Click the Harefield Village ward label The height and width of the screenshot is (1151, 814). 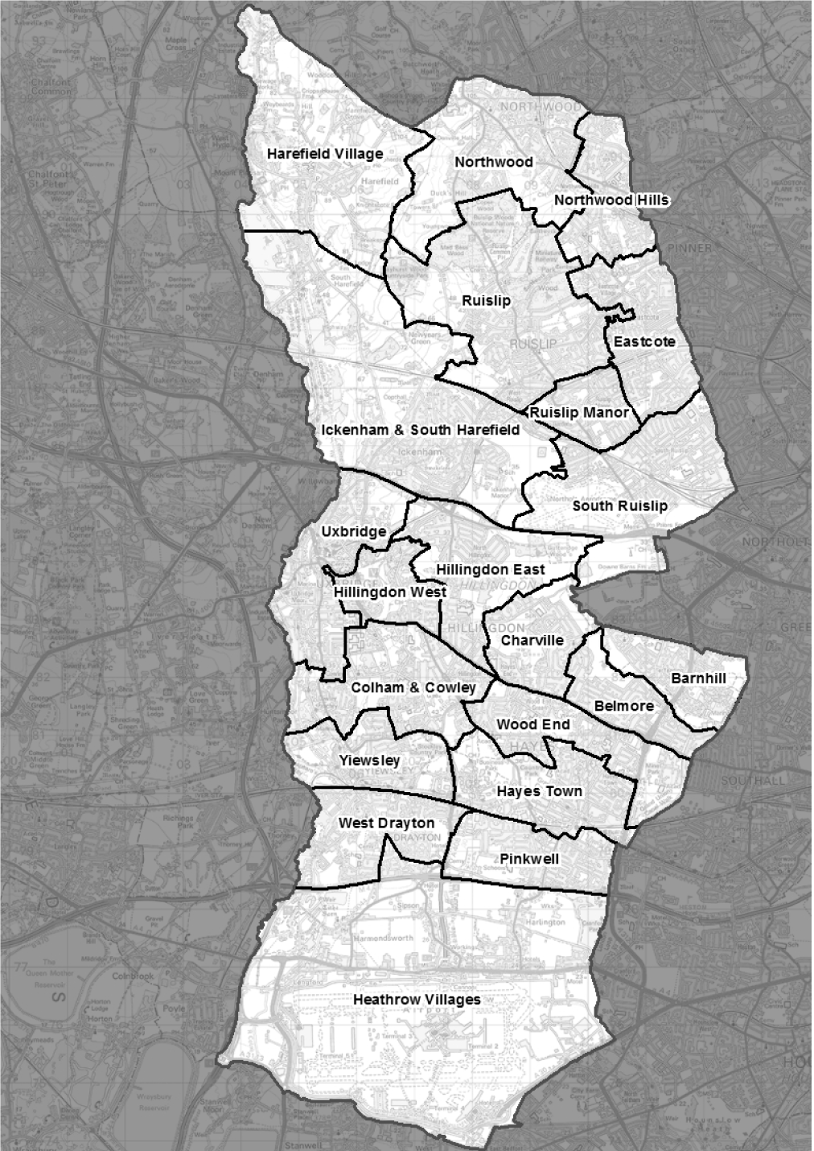[x=325, y=154]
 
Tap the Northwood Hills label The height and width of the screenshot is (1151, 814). [x=611, y=200]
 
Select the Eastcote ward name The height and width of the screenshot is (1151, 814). [x=644, y=341]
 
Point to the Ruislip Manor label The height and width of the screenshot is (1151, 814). [x=579, y=412]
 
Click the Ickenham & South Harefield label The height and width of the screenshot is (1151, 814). [x=421, y=430]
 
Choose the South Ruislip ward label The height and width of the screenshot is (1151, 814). [x=619, y=505]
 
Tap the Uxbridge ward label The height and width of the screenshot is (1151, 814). [x=354, y=531]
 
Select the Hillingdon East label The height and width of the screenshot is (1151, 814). [x=491, y=570]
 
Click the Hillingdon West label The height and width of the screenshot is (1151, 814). [x=390, y=592]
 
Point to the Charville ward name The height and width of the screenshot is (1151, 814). [x=532, y=641]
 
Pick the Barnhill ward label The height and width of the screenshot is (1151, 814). [x=698, y=679]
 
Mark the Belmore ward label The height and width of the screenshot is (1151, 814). [x=624, y=706]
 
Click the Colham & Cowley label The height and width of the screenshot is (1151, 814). [x=413, y=687]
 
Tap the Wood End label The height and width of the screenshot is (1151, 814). [x=532, y=724]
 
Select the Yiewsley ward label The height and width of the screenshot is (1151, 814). [x=369, y=761]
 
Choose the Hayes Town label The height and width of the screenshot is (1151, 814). [x=539, y=791]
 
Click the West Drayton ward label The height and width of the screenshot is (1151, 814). [x=386, y=823]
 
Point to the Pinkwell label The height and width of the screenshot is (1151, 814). [x=529, y=859]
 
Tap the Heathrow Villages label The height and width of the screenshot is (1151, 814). [x=417, y=1000]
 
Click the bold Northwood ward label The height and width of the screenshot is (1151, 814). [x=494, y=162]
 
